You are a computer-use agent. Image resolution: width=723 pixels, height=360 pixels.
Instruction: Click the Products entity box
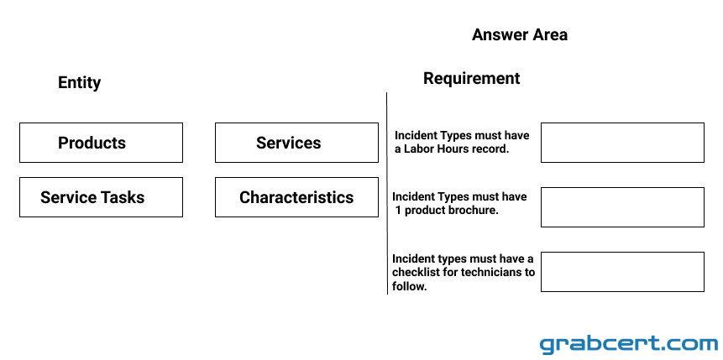(101, 143)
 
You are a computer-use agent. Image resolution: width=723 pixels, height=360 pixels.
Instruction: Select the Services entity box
(296, 143)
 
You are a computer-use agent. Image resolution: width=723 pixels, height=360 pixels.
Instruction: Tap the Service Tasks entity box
(101, 197)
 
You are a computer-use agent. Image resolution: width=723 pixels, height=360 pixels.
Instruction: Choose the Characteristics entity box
(296, 197)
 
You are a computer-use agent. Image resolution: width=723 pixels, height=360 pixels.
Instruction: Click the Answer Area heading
(520, 34)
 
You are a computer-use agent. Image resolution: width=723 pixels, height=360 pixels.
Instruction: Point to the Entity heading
(79, 83)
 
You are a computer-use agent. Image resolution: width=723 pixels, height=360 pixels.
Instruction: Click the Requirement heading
(472, 78)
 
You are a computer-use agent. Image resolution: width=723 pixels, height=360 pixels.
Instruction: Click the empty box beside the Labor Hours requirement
(622, 143)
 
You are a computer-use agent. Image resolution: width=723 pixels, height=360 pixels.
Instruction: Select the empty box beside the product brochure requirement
(622, 207)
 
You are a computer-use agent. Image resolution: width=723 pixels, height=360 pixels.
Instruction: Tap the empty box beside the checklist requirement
(622, 272)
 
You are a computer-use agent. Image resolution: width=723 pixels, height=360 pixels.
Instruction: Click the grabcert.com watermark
(628, 344)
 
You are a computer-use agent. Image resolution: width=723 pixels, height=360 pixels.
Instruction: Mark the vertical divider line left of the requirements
(387, 193)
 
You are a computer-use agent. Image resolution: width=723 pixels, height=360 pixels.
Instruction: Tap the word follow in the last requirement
(407, 286)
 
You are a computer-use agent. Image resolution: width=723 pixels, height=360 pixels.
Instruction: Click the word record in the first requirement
(495, 149)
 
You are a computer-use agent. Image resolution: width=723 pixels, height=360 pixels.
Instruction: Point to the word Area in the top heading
(551, 34)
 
